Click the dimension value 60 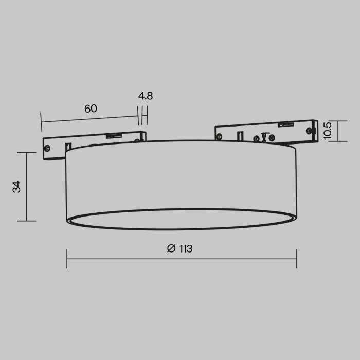[x=91, y=109]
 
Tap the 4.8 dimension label [x=146, y=96]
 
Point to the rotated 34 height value [x=17, y=187]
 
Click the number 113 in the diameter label [x=186, y=249]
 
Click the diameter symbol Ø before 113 [x=171, y=249]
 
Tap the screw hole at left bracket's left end [x=47, y=148]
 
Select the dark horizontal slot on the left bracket [x=113, y=136]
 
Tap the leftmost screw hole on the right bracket [x=220, y=137]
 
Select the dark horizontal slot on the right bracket [x=285, y=124]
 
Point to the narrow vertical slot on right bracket [x=241, y=136]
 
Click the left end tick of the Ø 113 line [x=67, y=259]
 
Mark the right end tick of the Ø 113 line [x=297, y=259]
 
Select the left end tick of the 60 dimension [x=41, y=122]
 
